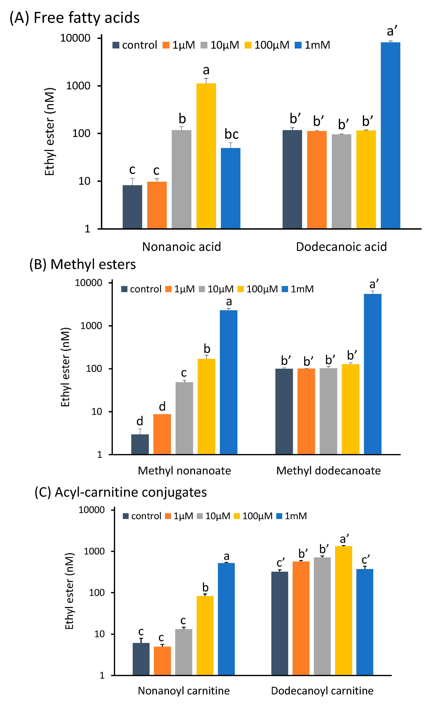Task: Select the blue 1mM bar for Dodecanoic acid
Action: pos(390,135)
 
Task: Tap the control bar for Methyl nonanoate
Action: pos(140,444)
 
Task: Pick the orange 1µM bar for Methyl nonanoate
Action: pos(162,434)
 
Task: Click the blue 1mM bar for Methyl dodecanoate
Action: pos(373,374)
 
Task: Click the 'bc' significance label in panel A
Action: pos(232,134)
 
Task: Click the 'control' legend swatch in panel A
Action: pos(116,45)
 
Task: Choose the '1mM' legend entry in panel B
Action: pos(298,289)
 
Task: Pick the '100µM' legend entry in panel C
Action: pos(253,516)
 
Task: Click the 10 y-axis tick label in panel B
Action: pos(97,412)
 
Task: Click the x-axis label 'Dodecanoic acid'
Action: pos(341,247)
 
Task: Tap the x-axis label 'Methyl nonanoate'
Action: pos(184,471)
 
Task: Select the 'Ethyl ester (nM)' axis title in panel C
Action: pos(69,591)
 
